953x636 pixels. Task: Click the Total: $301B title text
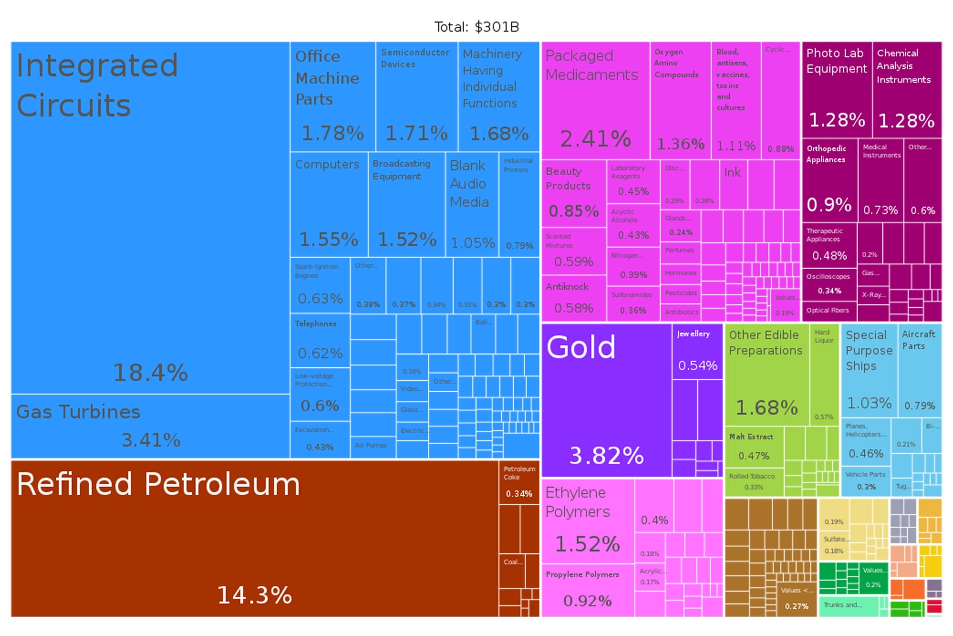pyautogui.click(x=476, y=27)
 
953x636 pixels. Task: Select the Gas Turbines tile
pyautogui.click(x=150, y=426)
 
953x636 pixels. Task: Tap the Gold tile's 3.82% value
pyautogui.click(x=606, y=456)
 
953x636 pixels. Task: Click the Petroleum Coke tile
pyautogui.click(x=519, y=481)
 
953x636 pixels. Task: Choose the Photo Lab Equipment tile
pyautogui.click(x=836, y=90)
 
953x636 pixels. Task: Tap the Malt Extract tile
pyautogui.click(x=754, y=447)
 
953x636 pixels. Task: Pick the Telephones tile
pyautogui.click(x=320, y=340)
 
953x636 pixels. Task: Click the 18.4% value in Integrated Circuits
pyautogui.click(x=150, y=372)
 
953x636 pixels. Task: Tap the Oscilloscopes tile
pyautogui.click(x=829, y=284)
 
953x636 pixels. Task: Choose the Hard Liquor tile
pyautogui.click(x=824, y=373)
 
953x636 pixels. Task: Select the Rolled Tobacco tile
pyautogui.click(x=753, y=481)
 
